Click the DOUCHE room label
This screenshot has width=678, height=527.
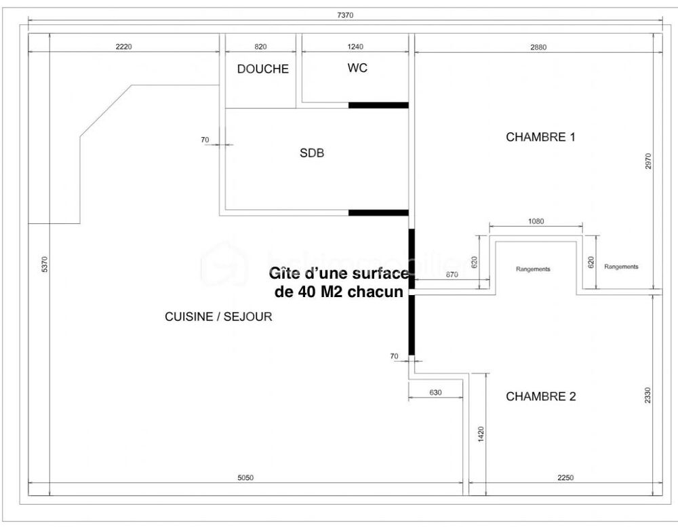point(262,69)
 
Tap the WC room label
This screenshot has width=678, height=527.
point(357,69)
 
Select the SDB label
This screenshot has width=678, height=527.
point(312,153)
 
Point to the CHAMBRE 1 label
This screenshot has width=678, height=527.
point(540,137)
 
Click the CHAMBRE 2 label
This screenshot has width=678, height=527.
point(540,397)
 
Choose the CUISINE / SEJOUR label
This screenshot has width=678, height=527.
point(218,317)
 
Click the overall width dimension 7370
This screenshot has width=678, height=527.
point(345,15)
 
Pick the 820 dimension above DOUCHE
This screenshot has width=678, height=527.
point(260,47)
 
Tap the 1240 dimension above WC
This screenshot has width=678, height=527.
point(355,47)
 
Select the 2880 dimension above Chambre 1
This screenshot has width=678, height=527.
point(538,47)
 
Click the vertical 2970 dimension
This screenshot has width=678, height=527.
point(648,161)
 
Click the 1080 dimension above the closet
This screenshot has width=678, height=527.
point(536,221)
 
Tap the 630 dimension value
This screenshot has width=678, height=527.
point(435,393)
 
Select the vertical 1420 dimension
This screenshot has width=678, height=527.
point(480,433)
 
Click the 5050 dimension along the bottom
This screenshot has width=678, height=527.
point(245,477)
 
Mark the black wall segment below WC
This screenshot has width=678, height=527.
point(378,105)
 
